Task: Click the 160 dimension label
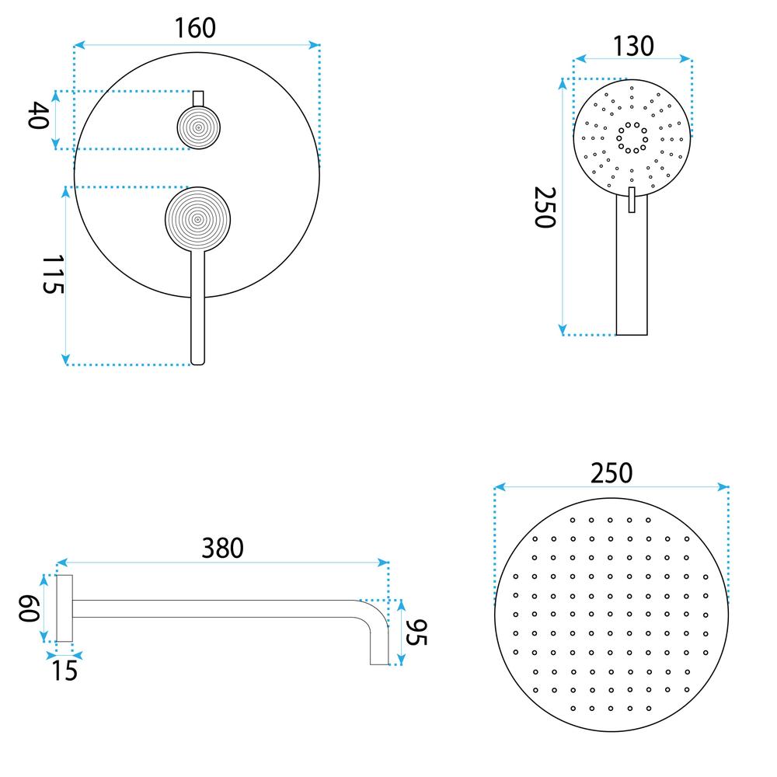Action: point(195,28)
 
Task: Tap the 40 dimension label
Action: point(39,118)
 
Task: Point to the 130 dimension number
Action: point(632,47)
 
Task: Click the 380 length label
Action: point(223,548)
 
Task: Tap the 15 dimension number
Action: point(65,670)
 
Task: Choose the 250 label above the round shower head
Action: point(611,472)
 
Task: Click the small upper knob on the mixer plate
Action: point(198,127)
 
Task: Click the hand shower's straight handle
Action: point(632,272)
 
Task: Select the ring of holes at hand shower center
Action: point(632,137)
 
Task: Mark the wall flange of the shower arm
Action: point(65,608)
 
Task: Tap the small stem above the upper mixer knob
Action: point(198,98)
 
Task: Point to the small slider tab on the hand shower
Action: point(632,200)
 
